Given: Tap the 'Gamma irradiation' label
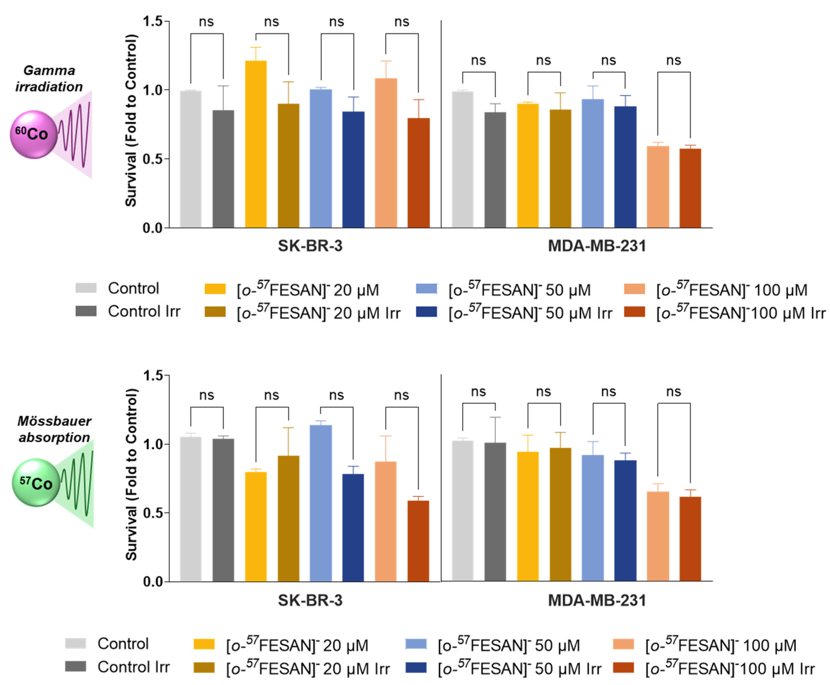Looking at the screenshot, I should point(49,79).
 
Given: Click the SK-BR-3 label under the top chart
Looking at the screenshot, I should point(310,246).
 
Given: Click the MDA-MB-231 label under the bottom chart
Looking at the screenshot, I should point(597,600).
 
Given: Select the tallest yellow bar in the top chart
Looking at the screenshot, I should point(256,144).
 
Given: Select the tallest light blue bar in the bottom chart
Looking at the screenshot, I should point(321,503).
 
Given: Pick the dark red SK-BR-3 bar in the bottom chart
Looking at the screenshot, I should point(418,541).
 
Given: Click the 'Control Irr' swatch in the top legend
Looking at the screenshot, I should point(86,311).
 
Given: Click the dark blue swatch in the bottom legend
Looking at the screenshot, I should point(416,667).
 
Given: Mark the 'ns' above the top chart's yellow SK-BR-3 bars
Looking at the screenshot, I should point(272,22).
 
